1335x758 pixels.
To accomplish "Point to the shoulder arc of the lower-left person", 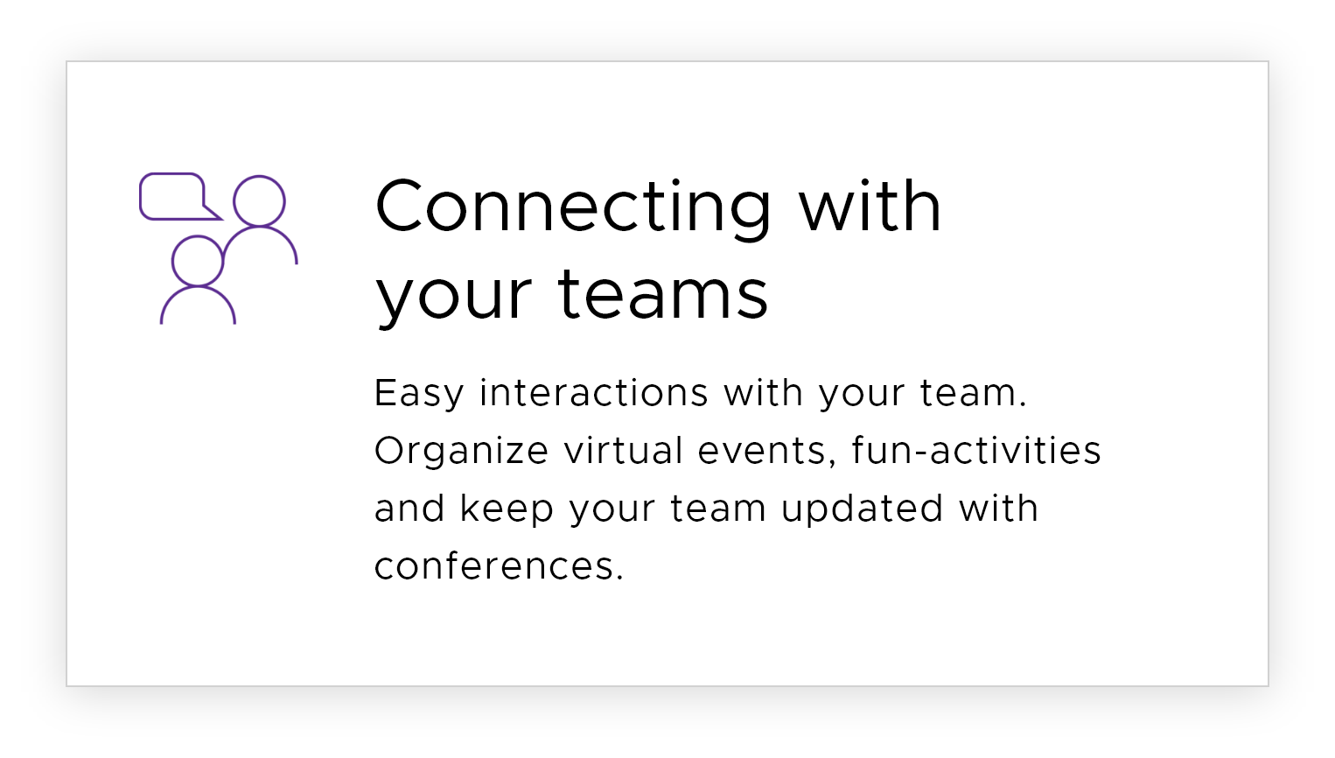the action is click(x=198, y=287).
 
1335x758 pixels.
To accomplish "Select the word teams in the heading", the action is click(x=663, y=294).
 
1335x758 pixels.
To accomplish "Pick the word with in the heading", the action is click(x=870, y=205).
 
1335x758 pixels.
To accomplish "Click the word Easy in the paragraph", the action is click(x=418, y=394).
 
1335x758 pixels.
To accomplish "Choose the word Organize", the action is click(x=461, y=452).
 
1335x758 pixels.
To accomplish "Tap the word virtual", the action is click(x=624, y=450).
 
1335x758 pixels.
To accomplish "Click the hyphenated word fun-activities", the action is click(x=976, y=450).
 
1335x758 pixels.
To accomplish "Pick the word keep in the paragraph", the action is click(x=507, y=509).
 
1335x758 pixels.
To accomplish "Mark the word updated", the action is click(x=862, y=509).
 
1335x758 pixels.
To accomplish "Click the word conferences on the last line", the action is click(x=499, y=565).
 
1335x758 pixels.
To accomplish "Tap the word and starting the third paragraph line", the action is click(x=409, y=508).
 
